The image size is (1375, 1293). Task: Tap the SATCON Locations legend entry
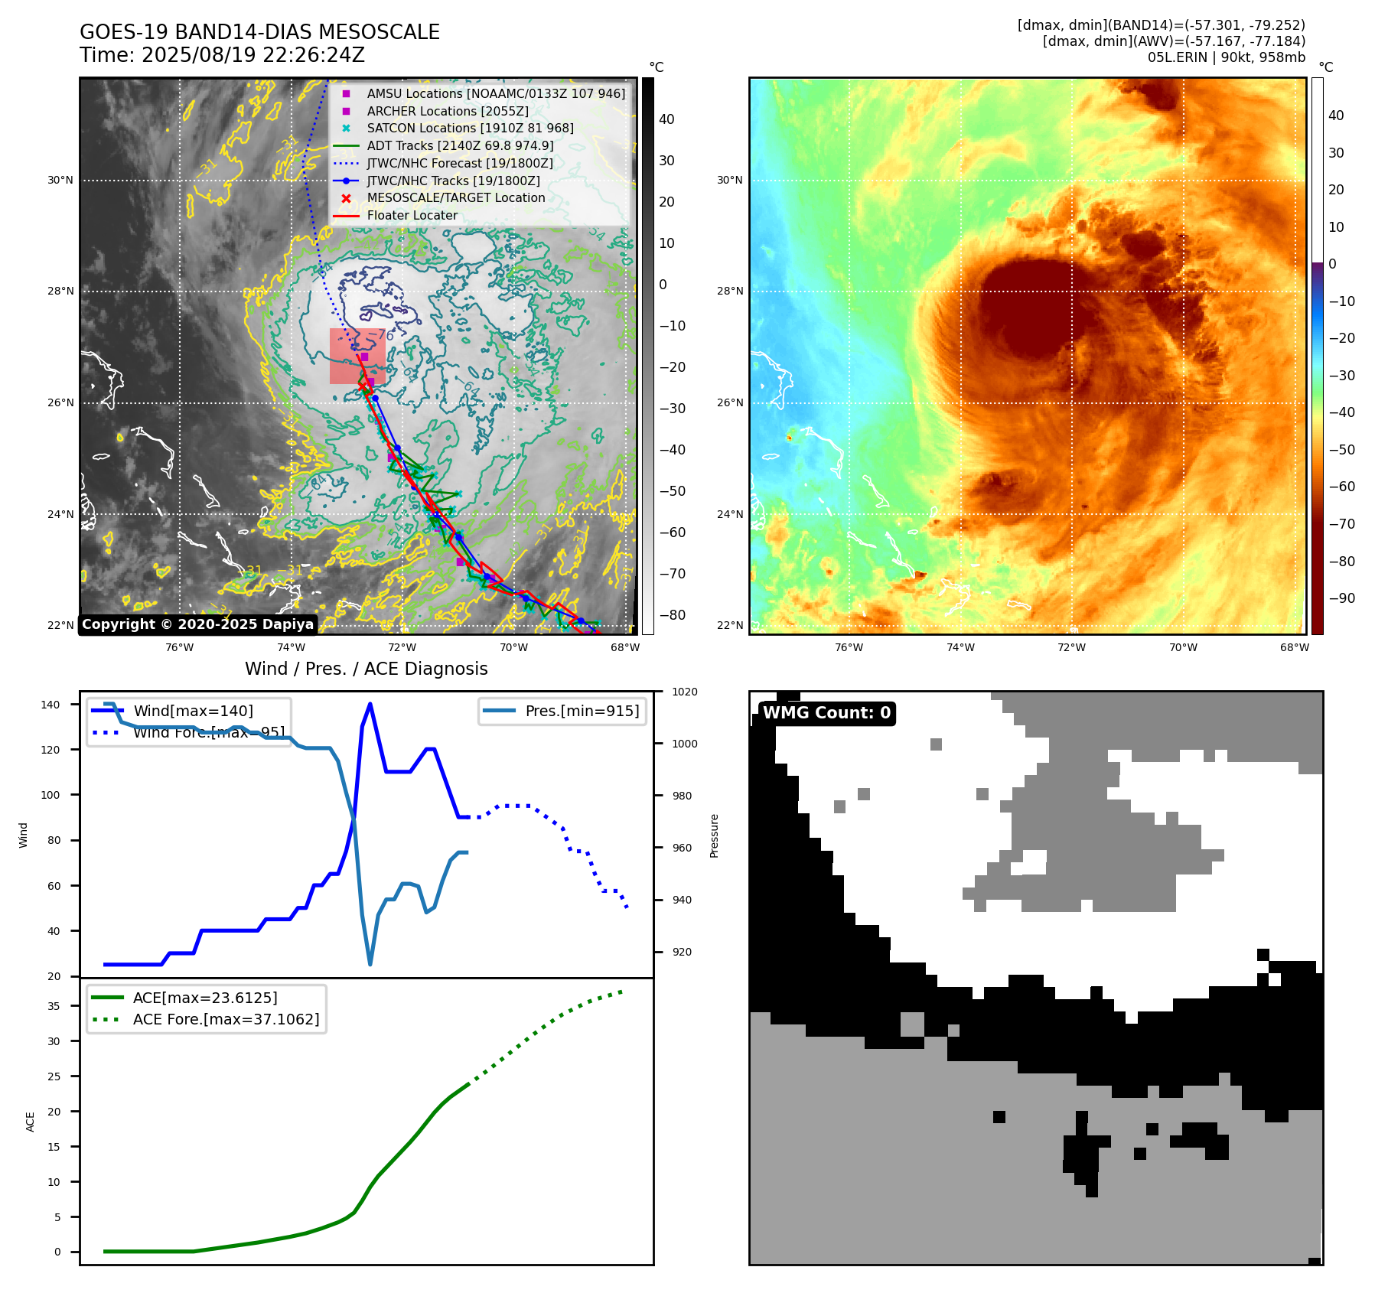[470, 128]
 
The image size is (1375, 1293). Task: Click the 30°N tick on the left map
[60, 181]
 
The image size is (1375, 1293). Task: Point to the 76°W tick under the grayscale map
[180, 647]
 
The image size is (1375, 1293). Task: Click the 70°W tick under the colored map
[1183, 647]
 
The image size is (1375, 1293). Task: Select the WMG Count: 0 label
[826, 713]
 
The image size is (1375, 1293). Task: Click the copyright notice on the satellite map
[197, 624]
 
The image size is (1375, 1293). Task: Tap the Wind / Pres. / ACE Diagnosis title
[366, 669]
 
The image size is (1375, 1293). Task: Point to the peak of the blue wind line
[370, 704]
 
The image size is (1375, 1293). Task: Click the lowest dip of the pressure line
[370, 964]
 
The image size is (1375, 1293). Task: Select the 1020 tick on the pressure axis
[684, 692]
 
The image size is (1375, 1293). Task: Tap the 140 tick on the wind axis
[51, 705]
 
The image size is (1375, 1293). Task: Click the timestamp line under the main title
[222, 55]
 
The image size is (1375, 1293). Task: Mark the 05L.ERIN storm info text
[1226, 57]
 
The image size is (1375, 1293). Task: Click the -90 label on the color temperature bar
[1341, 598]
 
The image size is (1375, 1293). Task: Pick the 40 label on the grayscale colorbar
[666, 119]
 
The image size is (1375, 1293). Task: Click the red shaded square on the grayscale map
[357, 357]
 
